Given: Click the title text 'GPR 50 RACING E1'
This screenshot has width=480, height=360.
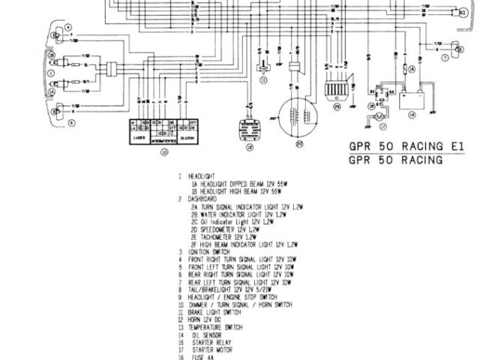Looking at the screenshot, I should coord(396,147).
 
